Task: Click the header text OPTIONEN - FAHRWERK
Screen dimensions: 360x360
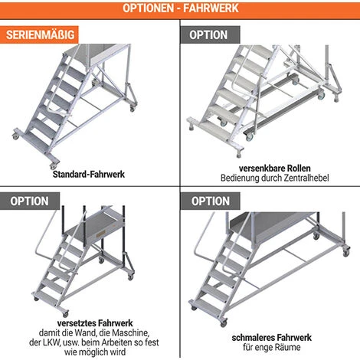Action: pyautogui.click(x=180, y=8)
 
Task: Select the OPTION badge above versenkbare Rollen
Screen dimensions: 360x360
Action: pyautogui.click(x=208, y=35)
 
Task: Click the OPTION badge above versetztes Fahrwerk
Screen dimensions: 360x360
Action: pyautogui.click(x=29, y=201)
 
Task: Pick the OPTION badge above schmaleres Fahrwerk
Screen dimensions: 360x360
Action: pyautogui.click(x=208, y=201)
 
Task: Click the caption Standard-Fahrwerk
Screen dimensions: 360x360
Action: pyautogui.click(x=89, y=175)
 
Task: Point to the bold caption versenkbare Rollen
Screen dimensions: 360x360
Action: pyautogui.click(x=269, y=168)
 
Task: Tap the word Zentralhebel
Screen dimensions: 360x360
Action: pyautogui.click(x=304, y=178)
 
